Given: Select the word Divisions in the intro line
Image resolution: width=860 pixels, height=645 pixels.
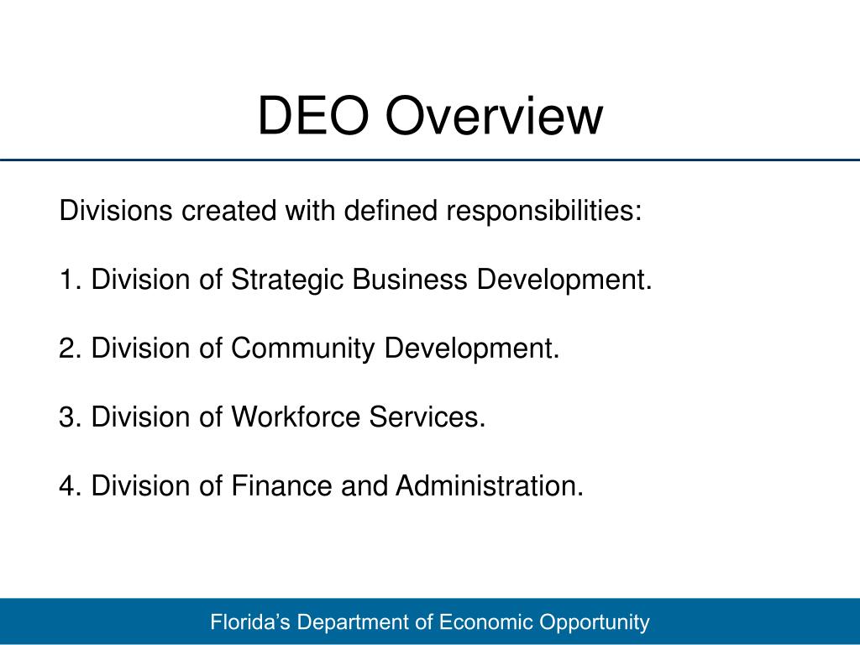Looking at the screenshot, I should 115,211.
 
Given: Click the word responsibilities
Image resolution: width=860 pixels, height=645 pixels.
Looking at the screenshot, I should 543,211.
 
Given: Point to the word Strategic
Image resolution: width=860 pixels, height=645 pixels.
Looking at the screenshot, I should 287,280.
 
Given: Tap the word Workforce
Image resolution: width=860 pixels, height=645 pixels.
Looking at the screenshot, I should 295,417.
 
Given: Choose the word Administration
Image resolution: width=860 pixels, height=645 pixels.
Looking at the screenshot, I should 490,485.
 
